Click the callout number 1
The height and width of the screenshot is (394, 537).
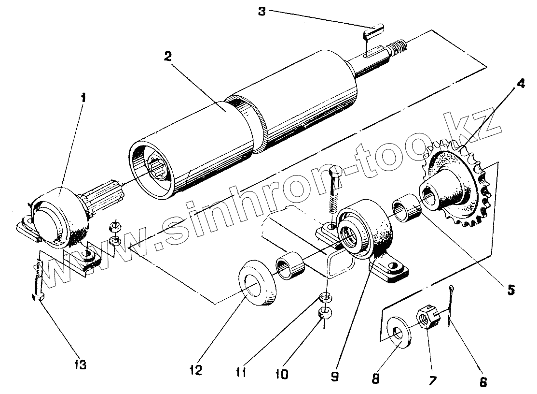84,98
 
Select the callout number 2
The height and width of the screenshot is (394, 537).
167,56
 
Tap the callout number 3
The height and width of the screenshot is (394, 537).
262,11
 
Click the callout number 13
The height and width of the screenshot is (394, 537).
81,364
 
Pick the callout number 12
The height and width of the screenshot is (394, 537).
196,370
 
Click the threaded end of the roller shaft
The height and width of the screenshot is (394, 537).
399,47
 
